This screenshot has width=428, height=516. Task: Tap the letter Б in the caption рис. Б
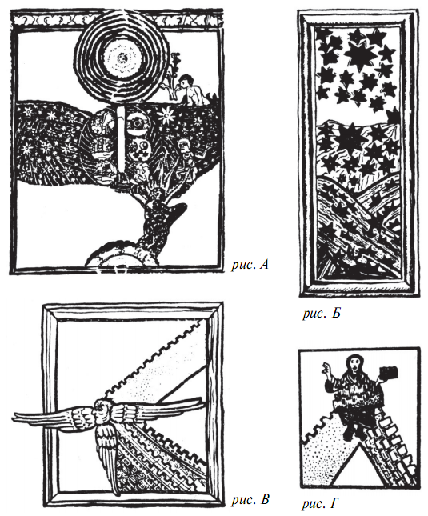pos(335,314)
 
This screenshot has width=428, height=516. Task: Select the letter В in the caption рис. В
pos(265,499)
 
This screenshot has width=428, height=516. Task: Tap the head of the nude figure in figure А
pos(186,80)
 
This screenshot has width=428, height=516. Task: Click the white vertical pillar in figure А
pos(121,141)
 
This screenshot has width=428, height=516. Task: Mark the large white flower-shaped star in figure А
pos(166,116)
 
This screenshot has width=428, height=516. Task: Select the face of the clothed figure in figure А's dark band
pos(183,145)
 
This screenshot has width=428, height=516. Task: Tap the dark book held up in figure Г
pos(389,374)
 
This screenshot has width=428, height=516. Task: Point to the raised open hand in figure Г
pos(326,368)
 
